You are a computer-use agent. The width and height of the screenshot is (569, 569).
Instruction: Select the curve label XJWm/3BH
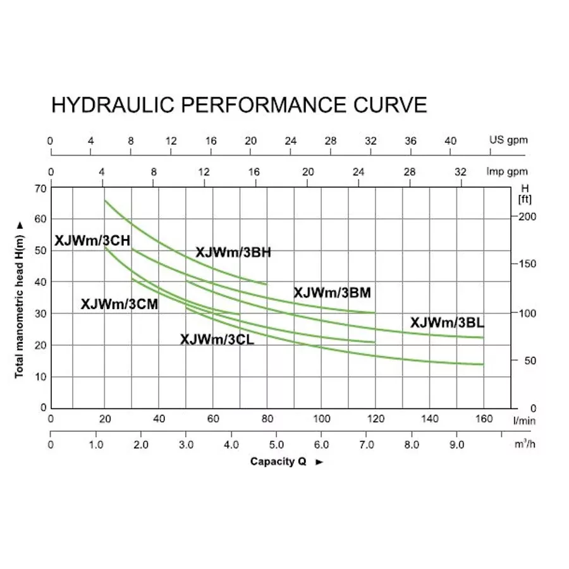(233, 252)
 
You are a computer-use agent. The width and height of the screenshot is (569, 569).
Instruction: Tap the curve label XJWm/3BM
(332, 293)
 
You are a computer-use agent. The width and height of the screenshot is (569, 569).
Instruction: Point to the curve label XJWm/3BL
(447, 322)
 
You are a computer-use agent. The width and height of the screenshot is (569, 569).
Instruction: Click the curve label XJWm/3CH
(92, 240)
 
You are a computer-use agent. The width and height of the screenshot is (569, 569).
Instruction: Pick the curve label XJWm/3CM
(119, 303)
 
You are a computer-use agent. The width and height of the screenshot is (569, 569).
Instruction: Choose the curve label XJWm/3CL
(217, 340)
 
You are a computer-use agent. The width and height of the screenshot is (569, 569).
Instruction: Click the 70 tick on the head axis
(41, 188)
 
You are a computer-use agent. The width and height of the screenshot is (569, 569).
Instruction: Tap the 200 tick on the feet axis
(527, 217)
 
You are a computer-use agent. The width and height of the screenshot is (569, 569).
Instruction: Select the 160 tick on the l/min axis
(484, 419)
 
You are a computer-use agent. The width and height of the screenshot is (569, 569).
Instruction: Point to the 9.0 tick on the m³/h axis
(456, 445)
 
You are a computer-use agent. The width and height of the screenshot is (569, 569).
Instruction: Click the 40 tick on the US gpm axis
(450, 141)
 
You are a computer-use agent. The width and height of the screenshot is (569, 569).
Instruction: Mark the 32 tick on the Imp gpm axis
(461, 172)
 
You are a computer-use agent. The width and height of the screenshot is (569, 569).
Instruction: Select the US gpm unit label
(508, 140)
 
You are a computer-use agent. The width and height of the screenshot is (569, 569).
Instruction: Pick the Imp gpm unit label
(506, 172)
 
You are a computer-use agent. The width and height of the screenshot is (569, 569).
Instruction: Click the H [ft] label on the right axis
(524, 194)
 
